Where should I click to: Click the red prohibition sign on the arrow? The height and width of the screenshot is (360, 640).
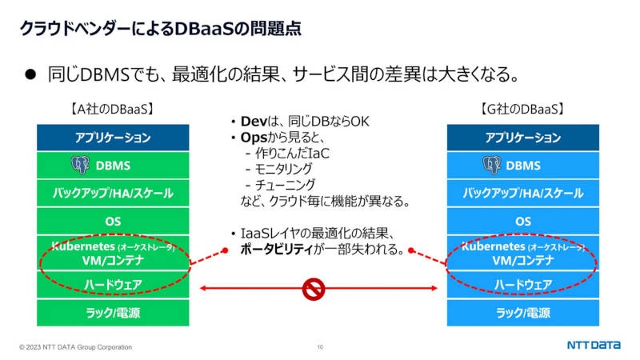[314, 289]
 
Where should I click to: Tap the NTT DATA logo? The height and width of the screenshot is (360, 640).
[594, 346]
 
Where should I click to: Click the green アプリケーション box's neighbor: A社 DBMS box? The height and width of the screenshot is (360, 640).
[113, 166]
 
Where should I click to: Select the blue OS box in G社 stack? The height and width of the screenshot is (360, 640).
[523, 222]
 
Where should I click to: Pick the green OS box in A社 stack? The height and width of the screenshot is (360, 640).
[113, 222]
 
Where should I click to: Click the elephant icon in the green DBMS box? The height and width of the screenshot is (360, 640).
[81, 165]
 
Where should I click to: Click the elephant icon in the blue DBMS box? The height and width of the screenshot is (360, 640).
[491, 165]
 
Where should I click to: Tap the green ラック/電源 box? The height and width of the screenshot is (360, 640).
[113, 313]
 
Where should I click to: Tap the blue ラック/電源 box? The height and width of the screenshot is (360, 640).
[523, 313]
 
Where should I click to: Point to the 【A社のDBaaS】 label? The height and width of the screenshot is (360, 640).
[113, 109]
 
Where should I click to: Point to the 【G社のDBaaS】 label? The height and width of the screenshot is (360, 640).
[522, 109]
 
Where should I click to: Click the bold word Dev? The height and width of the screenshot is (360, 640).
[254, 122]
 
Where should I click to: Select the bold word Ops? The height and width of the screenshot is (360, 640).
[254, 138]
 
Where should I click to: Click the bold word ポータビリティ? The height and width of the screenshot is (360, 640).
[276, 249]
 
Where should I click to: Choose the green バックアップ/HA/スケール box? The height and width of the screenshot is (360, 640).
[113, 193]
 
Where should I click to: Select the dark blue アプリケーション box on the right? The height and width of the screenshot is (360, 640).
[523, 138]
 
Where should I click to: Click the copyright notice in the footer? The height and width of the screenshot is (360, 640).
[75, 347]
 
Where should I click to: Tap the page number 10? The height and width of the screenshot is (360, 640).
[320, 347]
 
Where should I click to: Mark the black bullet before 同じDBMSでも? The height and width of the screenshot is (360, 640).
[30, 74]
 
